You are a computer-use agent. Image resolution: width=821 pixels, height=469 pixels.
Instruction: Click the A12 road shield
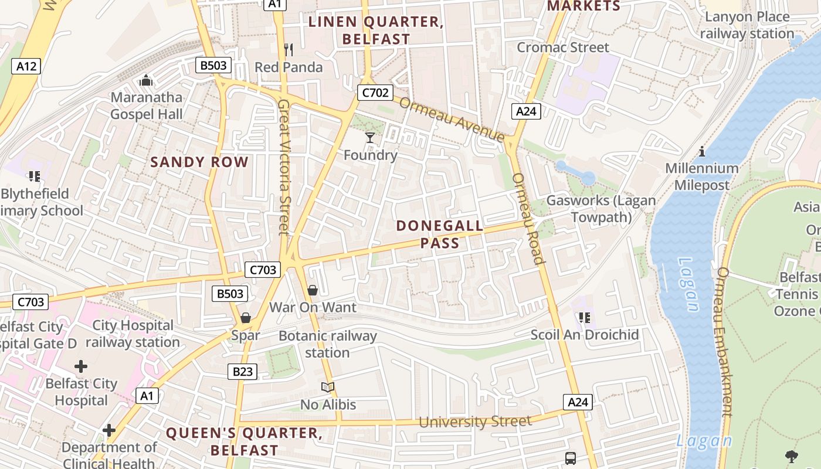pos(26,66)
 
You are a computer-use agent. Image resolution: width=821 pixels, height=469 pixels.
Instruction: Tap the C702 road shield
pos(375,92)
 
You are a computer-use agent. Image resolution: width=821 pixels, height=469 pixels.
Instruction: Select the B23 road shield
pos(242,371)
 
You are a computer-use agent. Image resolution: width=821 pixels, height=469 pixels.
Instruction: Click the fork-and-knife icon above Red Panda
pos(288,49)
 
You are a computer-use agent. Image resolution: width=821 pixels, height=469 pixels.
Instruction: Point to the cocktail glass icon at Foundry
pos(369,138)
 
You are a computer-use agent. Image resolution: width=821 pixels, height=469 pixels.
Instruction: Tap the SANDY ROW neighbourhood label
pos(199,162)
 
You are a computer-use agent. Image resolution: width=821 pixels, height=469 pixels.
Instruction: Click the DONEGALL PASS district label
pos(440,234)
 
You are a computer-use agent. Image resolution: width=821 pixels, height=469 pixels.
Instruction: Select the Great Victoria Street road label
pos(284,167)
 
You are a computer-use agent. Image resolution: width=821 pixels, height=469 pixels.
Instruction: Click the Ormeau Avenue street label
pos(452,119)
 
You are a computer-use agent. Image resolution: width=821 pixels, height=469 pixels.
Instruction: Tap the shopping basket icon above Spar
pos(246,318)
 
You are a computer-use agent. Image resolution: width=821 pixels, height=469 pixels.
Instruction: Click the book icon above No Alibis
pos(328,388)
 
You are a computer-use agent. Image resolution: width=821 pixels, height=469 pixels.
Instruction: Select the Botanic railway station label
pos(327,344)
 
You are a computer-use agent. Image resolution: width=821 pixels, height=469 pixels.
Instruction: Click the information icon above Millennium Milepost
pos(702,152)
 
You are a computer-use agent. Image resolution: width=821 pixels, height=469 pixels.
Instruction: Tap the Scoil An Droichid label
pos(584,335)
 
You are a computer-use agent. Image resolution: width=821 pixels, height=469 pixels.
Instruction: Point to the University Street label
pos(475,421)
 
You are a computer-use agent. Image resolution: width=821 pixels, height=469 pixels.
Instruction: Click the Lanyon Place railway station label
pos(747,25)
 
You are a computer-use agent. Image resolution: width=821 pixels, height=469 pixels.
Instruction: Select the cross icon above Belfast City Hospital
pos(81,367)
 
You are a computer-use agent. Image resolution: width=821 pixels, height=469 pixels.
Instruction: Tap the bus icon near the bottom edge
pos(570,458)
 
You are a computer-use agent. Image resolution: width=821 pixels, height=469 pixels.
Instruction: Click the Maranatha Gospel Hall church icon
pos(145,80)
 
